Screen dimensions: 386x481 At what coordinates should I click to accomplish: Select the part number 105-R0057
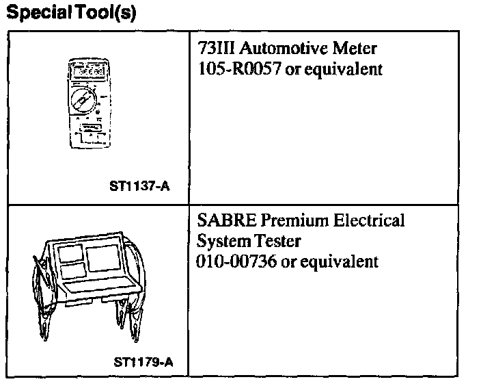[236, 70]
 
